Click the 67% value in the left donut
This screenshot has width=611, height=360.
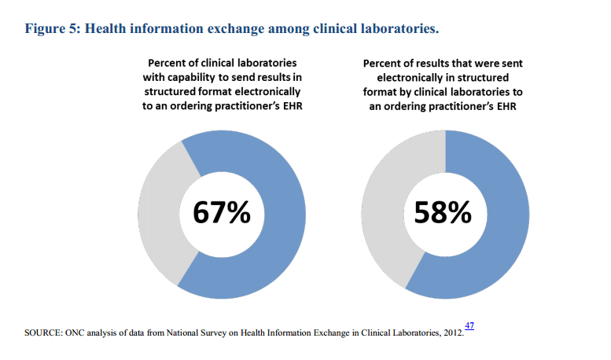[x=223, y=212]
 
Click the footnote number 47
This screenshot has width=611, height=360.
[x=469, y=325]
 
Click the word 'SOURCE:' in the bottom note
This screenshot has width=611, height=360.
[x=45, y=333]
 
